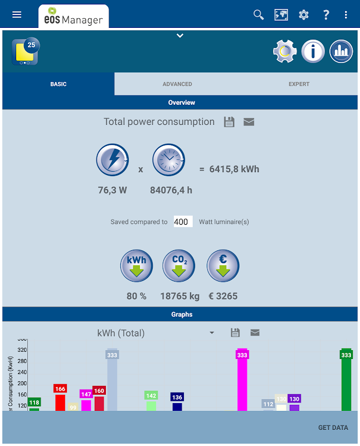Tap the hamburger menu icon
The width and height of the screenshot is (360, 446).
coord(17,14)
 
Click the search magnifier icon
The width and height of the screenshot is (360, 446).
coord(259,14)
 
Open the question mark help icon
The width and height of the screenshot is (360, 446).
coord(326,14)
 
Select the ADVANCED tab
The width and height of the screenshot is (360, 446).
coord(177,84)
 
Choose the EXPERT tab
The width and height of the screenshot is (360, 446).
coord(299,84)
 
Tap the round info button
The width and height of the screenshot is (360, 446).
coord(313,52)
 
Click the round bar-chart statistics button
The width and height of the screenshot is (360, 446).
coord(341,52)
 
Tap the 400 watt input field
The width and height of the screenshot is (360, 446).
coord(183,222)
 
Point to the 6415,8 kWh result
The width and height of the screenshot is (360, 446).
coord(234,169)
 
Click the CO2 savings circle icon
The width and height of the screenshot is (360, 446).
coord(179,266)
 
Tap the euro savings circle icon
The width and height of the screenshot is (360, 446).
coord(223,266)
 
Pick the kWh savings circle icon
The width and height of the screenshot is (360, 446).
coord(137,266)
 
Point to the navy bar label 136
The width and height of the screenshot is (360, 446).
coord(177,397)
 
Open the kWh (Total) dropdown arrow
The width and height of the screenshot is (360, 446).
coord(212,333)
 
